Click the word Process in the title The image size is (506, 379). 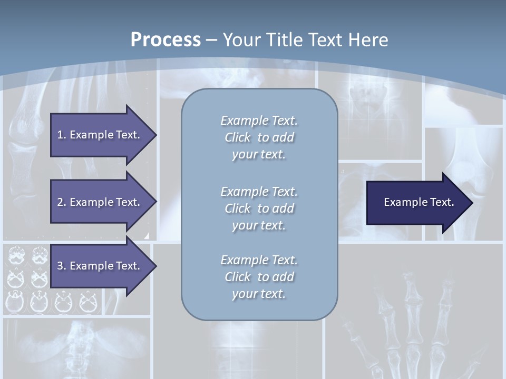tap(166, 40)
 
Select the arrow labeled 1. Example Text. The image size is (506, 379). tap(100, 135)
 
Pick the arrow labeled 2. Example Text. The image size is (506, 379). tap(100, 202)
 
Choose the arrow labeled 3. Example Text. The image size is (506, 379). tap(100, 266)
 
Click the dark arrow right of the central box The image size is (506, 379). tap(416, 202)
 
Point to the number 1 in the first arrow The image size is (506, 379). tap(60, 135)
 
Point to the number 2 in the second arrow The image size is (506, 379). tap(60, 202)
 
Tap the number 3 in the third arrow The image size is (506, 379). tap(60, 266)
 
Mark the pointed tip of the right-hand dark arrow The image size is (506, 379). tap(471, 202)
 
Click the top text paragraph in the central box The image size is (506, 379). tap(259, 137)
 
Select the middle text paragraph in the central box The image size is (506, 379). tap(259, 208)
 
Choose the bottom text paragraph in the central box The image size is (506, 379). tap(259, 277)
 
